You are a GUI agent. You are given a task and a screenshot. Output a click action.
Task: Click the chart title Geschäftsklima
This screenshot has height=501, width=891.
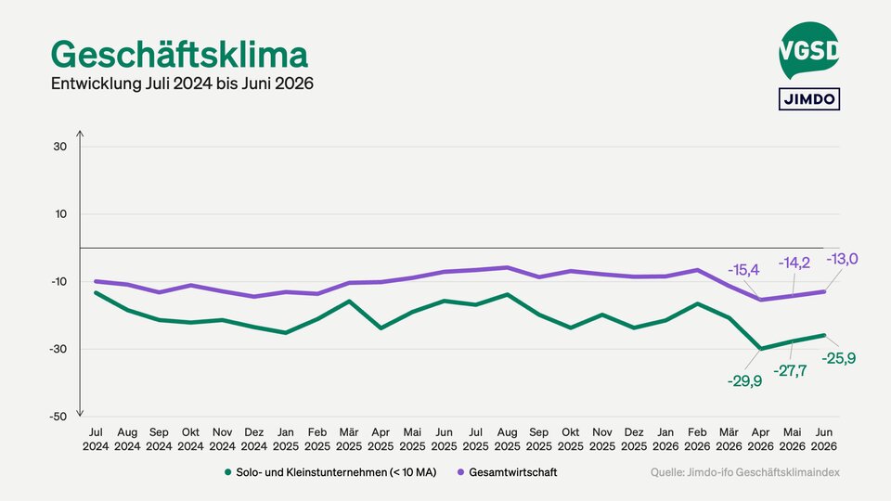(x=179, y=55)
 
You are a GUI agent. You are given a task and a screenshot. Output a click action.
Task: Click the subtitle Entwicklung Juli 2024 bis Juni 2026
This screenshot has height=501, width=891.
(x=183, y=83)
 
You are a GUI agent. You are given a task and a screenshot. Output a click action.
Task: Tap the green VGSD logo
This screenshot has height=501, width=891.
(x=808, y=50)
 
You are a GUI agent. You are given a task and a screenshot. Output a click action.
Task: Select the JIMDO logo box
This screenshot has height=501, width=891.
(x=809, y=99)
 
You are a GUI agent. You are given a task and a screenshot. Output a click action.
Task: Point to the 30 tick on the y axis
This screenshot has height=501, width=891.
(x=59, y=147)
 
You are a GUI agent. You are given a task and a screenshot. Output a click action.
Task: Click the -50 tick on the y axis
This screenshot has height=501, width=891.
(x=58, y=417)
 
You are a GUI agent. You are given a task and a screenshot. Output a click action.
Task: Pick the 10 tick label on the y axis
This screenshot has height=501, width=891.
(x=60, y=214)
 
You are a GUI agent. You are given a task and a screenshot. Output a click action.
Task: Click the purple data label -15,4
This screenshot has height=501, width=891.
(x=743, y=270)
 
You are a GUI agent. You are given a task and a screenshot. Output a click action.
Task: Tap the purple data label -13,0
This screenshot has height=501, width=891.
(x=842, y=259)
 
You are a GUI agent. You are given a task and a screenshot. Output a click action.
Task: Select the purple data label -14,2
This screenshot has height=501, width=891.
(x=794, y=263)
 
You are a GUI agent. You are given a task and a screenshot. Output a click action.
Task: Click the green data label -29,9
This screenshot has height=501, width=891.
(x=744, y=381)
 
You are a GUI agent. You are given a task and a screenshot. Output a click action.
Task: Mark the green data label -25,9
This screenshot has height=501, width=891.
(x=839, y=358)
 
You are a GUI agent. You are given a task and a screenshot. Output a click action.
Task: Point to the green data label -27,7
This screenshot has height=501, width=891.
(x=790, y=371)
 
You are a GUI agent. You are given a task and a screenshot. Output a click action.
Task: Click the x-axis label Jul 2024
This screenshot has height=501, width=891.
(x=96, y=439)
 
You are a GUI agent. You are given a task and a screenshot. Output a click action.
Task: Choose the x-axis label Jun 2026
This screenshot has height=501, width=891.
(x=824, y=439)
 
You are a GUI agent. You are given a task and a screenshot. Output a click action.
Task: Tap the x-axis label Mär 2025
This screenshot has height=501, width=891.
(x=349, y=439)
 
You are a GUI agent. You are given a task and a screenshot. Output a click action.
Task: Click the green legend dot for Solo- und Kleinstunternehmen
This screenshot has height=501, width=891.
(x=228, y=472)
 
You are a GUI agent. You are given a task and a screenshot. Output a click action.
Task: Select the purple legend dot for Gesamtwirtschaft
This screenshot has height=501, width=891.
(x=461, y=472)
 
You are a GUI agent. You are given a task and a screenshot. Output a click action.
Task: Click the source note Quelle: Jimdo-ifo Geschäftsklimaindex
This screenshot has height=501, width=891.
(x=745, y=472)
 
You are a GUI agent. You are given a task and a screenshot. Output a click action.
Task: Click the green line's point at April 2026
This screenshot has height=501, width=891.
(x=760, y=349)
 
